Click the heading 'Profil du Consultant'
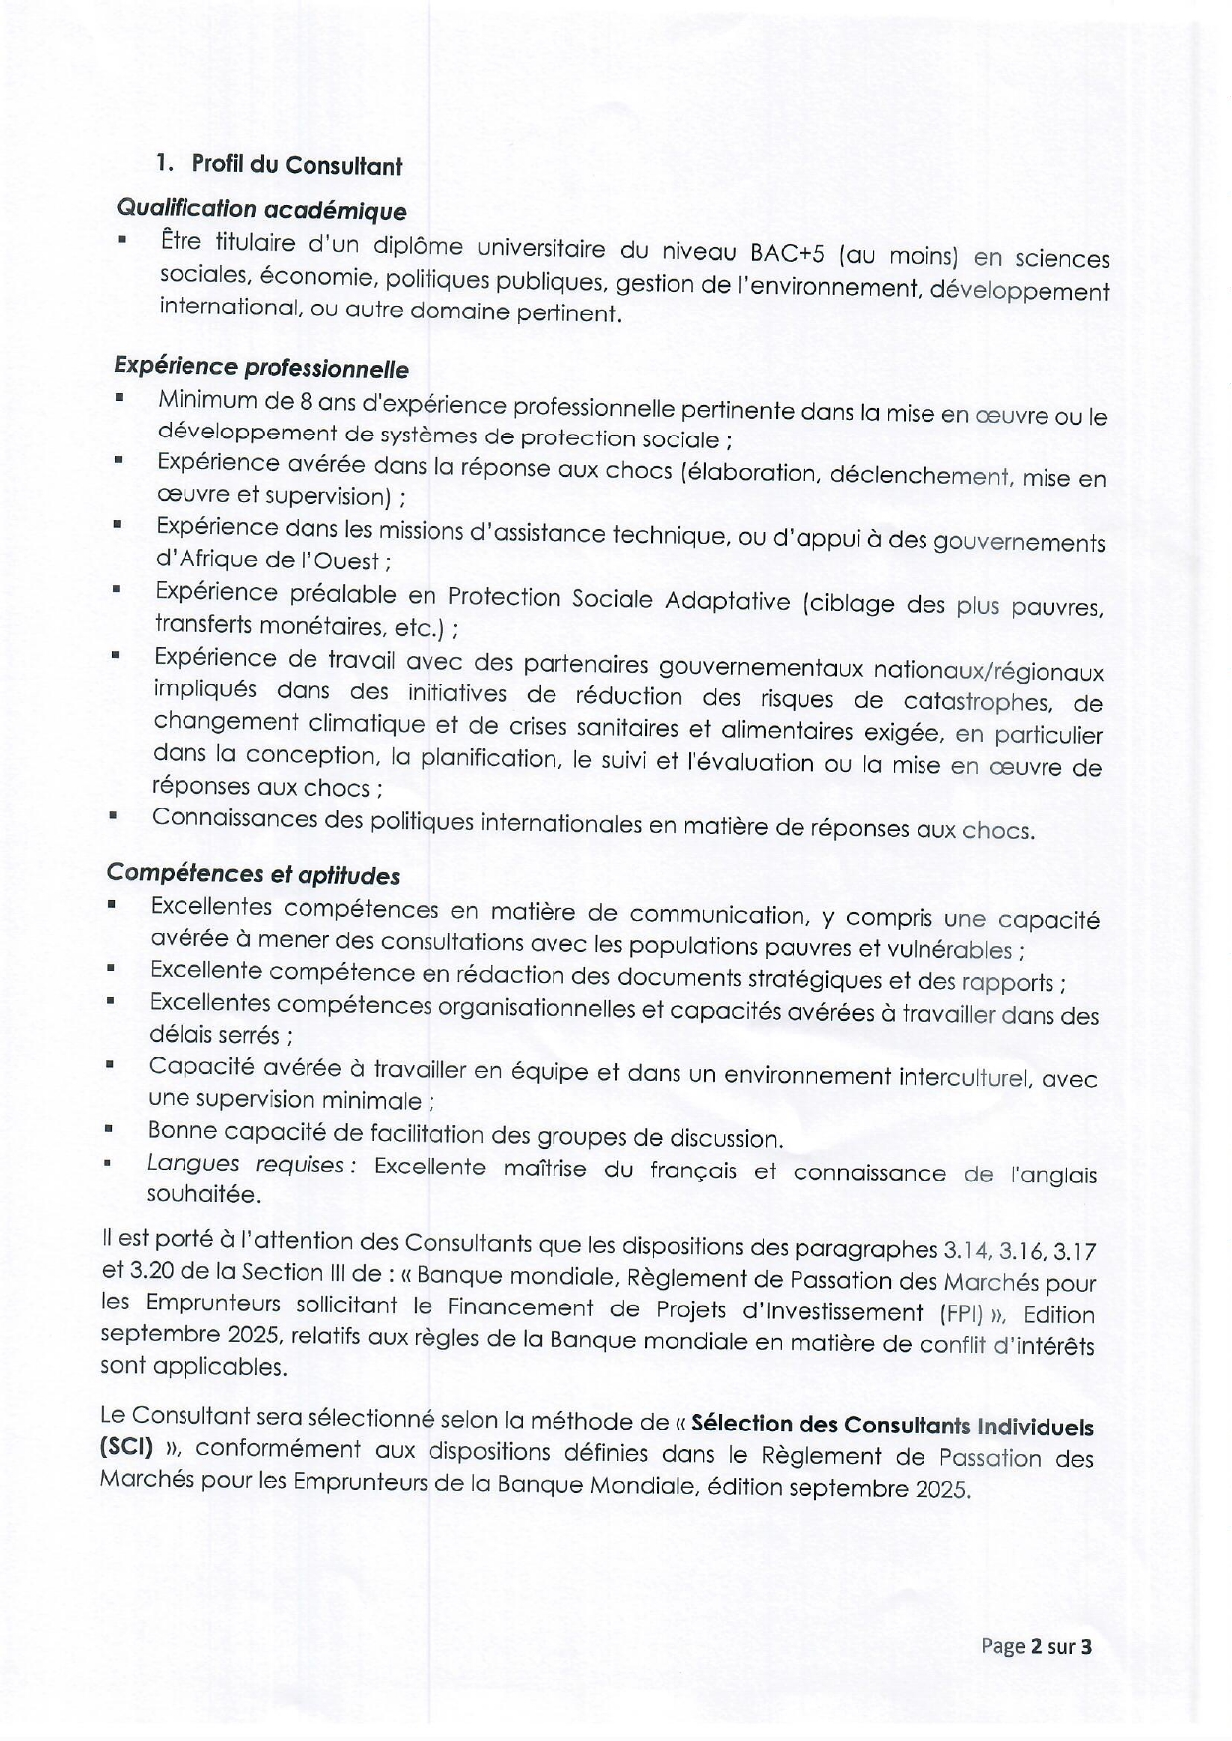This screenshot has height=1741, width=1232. (x=297, y=164)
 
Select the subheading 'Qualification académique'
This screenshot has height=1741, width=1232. (x=261, y=210)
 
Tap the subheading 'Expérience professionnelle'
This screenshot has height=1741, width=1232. (x=261, y=367)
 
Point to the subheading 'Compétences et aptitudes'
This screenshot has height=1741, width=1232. (x=253, y=873)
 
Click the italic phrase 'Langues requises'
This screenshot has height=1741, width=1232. (x=249, y=1164)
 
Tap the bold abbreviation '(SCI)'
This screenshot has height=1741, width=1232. (x=125, y=1446)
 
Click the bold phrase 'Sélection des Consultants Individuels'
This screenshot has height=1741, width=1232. (x=892, y=1426)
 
